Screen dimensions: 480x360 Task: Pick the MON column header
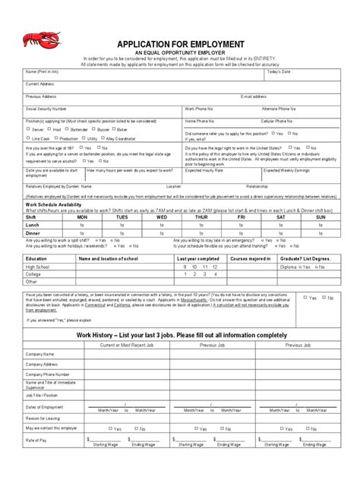[x=81, y=217]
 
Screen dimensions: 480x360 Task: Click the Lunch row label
[x=32, y=225]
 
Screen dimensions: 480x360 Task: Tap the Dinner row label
[x=33, y=233]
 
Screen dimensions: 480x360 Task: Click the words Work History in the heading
[x=120, y=335]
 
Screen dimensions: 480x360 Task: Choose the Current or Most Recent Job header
[x=126, y=345]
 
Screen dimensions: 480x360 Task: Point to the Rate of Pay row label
[x=36, y=441]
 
